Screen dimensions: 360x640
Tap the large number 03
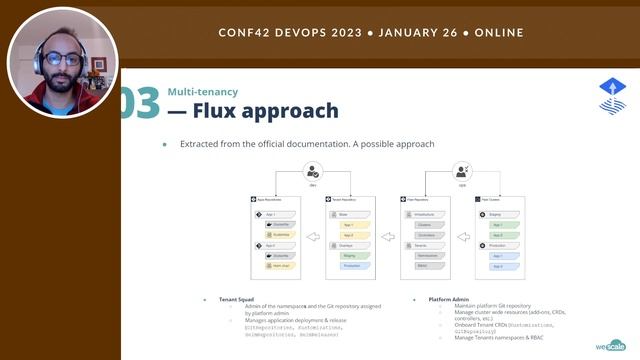point(139,103)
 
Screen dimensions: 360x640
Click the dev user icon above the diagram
point(312,172)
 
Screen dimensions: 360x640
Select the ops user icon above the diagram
point(462,172)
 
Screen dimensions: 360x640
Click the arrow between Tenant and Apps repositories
point(312,238)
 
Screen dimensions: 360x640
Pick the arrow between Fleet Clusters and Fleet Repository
point(462,238)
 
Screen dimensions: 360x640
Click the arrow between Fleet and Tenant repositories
point(387,238)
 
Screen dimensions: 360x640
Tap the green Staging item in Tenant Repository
point(350,255)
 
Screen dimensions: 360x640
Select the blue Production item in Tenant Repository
point(350,266)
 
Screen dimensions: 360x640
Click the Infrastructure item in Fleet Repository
point(425,213)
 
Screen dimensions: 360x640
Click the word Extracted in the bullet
point(199,144)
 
